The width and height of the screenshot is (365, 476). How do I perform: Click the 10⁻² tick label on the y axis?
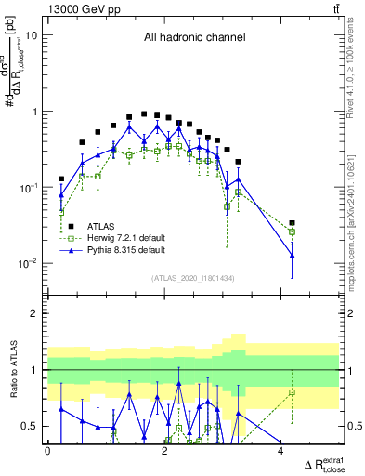tap(28, 263)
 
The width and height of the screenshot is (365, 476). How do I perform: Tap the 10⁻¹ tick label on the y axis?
tap(28, 187)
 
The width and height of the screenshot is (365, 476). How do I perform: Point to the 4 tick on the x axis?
tap(281, 451)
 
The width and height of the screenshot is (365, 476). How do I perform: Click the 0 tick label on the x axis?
tap(47, 451)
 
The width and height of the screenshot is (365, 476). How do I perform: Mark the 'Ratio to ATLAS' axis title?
tap(12, 369)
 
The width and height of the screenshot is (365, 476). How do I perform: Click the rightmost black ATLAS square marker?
tap(293, 223)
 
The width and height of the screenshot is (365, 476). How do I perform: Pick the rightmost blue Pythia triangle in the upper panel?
tap(293, 255)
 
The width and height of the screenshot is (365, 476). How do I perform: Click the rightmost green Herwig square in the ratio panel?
tap(293, 392)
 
